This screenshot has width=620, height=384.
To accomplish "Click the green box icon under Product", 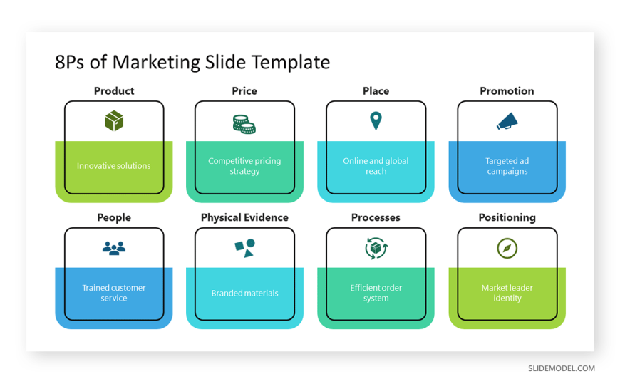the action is [x=114, y=120].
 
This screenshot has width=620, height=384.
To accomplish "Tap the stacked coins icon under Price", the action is [x=244, y=124].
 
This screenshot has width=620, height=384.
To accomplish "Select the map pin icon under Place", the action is [x=376, y=120].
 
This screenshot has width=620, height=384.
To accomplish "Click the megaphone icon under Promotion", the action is [x=507, y=121].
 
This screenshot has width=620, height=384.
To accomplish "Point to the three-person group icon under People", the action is [x=114, y=248].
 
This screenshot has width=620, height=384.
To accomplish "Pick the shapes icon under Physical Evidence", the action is [x=244, y=248].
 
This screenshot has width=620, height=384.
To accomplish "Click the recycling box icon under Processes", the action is [x=376, y=249].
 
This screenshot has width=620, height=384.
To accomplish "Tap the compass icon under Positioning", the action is [x=507, y=249].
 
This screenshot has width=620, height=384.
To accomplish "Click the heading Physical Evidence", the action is [x=244, y=217].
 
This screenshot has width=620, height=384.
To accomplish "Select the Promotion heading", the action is [x=507, y=91].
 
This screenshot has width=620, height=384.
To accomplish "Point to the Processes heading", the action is [x=376, y=217].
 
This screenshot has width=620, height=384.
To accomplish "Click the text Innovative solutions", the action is [x=114, y=166].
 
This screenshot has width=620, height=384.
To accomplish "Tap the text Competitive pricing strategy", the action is [x=244, y=166].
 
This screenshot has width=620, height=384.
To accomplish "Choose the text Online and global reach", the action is [x=376, y=166].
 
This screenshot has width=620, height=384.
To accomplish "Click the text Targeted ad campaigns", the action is [x=507, y=166].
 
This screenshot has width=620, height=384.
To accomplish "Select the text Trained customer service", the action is [x=114, y=293].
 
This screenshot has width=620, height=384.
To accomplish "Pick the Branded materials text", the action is [x=244, y=293].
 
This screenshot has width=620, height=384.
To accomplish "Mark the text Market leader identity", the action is [x=507, y=293].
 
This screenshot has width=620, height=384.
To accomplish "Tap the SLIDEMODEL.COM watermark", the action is [x=562, y=368].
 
